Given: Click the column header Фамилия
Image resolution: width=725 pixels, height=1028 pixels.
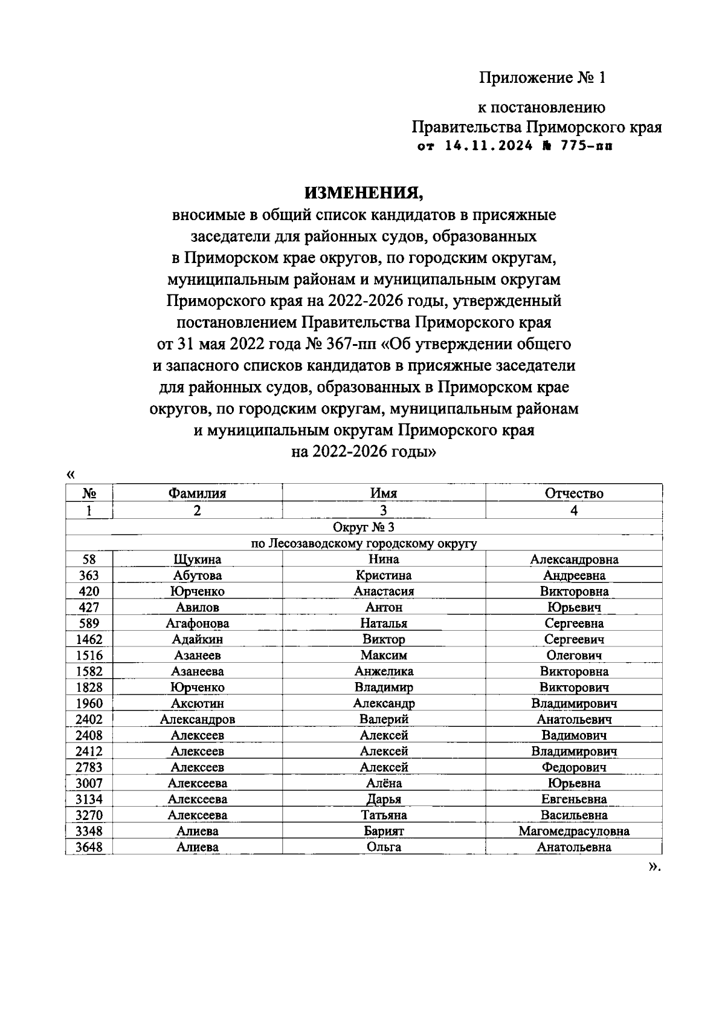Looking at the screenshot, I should click(198, 493).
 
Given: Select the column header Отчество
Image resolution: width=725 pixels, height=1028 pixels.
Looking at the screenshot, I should click(574, 493).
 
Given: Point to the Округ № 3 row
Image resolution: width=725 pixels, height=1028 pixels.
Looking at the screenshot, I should click(364, 527).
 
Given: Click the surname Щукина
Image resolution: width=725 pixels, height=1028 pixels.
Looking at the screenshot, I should click(198, 560).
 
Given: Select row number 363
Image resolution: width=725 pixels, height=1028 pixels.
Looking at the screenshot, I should click(89, 576).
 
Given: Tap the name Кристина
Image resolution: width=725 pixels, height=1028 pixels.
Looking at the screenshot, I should click(384, 576).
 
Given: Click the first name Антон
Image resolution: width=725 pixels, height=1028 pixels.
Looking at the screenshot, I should click(384, 608).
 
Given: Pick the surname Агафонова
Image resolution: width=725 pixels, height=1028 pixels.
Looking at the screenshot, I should click(198, 623).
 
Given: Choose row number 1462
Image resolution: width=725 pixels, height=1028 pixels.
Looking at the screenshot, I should click(89, 640).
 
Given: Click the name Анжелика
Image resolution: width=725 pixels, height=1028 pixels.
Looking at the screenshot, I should click(384, 671).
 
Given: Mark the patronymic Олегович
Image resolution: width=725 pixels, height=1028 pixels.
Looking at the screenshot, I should click(574, 656).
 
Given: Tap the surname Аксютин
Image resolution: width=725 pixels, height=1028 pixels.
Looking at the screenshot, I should click(198, 703).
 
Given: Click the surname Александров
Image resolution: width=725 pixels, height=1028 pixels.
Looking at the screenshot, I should click(198, 720).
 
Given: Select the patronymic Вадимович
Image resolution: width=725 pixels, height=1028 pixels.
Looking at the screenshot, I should click(574, 735).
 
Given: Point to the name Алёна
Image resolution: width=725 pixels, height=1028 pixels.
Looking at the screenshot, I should click(384, 783).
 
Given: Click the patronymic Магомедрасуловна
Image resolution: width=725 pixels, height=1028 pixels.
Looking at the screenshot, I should click(574, 831).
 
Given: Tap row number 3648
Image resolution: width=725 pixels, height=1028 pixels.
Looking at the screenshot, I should click(89, 847).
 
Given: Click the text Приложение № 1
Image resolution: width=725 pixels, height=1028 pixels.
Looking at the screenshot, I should click(542, 78).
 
